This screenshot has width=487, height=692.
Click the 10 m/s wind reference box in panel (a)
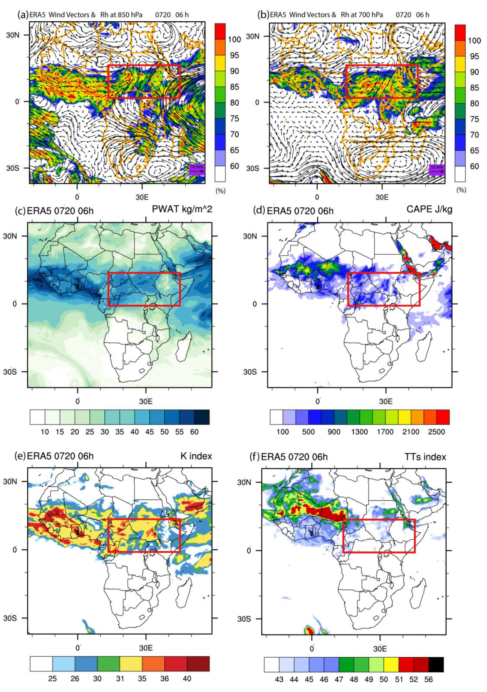coord(197,170)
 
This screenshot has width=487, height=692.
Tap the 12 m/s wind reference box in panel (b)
coord(437,170)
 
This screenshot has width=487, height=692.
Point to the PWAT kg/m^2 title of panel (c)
coord(182,210)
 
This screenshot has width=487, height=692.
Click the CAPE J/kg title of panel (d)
coord(429,210)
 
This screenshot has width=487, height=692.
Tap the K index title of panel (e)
coord(196,456)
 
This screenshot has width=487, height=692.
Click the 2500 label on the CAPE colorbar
coord(437,432)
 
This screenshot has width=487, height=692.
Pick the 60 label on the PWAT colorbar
coord(194,432)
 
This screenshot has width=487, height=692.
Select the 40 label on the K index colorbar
coord(187,678)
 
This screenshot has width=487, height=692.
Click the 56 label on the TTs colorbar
coord(428,679)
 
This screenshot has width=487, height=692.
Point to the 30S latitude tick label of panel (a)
coord(13,168)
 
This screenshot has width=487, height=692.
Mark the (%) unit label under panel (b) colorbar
coord(461,190)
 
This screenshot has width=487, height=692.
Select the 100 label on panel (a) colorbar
coord(234,40)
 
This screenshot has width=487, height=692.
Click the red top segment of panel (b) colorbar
coord(460,33)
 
